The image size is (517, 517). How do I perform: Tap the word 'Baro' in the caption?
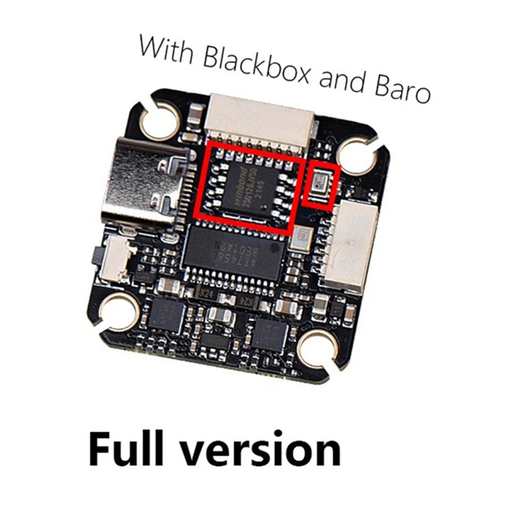click(x=401, y=91)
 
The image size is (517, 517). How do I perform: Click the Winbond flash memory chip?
click(x=248, y=185)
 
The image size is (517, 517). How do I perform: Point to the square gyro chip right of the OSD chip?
click(x=299, y=237)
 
